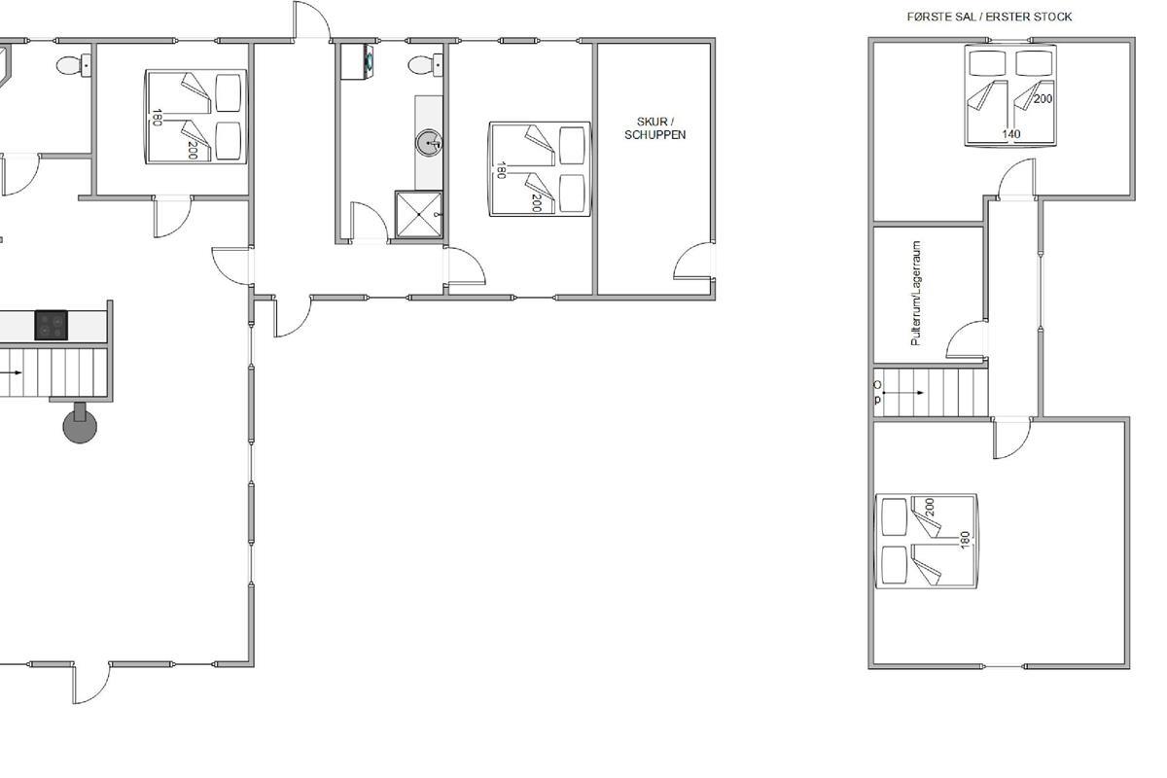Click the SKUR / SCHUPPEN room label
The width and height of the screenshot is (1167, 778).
pos(654,128)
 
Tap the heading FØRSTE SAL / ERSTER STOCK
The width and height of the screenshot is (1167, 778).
pos(989,18)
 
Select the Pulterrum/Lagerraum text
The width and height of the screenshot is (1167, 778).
pos(916,294)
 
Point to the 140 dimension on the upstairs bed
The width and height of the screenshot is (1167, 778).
pos(1011,134)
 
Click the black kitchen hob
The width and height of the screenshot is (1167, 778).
pos(51,325)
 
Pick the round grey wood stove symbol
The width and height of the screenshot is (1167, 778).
pos(80,423)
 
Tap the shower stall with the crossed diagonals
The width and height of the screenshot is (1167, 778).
pos(419,214)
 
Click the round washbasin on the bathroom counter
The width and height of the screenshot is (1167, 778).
pos(429,142)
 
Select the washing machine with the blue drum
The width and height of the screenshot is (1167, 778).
pos(357,61)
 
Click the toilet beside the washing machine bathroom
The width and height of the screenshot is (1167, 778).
pos(425,66)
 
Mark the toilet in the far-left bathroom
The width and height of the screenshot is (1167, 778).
pos(74,66)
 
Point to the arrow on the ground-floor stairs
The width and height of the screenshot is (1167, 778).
pos(11,372)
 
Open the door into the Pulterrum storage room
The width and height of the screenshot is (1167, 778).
pos(967,339)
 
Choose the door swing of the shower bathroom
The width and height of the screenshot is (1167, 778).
pos(370,222)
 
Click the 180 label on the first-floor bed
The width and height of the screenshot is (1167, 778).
pos(965,540)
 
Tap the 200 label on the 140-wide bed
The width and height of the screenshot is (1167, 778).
pos(1043,98)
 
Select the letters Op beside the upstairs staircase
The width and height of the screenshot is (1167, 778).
pos(878,392)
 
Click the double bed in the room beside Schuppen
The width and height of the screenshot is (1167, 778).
pos(541,169)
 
